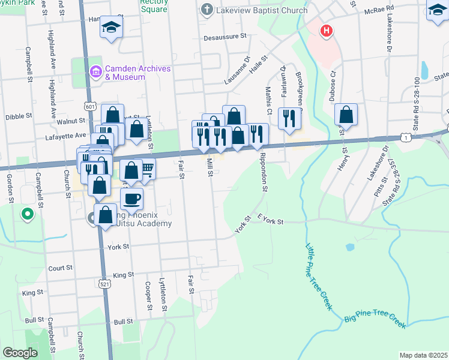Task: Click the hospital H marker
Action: (326, 31)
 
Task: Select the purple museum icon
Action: (95, 72)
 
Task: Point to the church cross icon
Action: (206, 9)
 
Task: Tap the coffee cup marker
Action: (131, 197)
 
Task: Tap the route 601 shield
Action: (90, 106)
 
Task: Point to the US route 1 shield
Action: (407, 138)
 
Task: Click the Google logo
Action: (20, 353)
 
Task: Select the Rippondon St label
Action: (262, 171)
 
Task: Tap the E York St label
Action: (270, 221)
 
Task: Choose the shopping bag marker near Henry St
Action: (346, 114)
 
